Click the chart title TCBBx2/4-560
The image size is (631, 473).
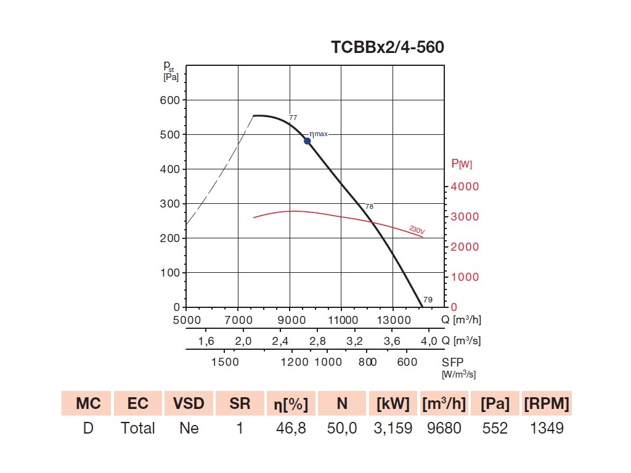[387, 47]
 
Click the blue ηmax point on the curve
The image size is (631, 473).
[307, 141]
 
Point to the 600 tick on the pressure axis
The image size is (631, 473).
[169, 100]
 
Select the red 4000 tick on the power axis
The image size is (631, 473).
[465, 187]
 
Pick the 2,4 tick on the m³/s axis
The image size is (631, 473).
[280, 341]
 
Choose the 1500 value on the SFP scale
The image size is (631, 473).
[225, 362]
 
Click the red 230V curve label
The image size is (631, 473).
[417, 230]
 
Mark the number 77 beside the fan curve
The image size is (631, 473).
[293, 117]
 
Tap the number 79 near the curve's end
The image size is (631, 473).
[428, 300]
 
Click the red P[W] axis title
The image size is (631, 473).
[462, 164]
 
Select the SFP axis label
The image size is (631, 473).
[452, 362]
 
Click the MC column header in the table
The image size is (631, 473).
[88, 403]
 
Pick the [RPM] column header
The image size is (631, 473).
[547, 403]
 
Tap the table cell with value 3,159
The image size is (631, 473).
[393, 428]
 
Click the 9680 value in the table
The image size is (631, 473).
[444, 428]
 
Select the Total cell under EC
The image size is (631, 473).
[138, 428]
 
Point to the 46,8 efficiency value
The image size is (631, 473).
[291, 428]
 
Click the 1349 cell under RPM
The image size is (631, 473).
[547, 428]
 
